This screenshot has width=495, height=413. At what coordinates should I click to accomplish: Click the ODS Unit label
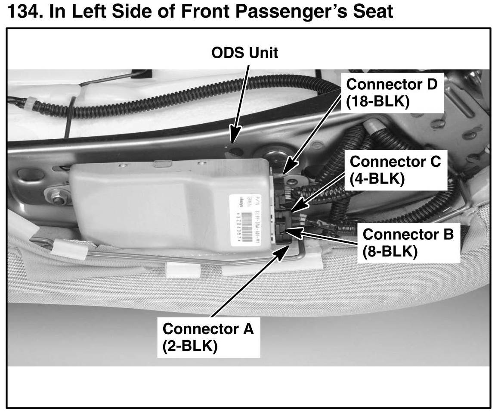[244, 53]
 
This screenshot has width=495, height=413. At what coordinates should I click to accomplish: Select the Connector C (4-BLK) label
[395, 170]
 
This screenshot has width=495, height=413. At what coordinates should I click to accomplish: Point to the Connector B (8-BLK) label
[408, 243]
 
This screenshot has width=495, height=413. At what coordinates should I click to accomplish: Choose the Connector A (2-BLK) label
[208, 337]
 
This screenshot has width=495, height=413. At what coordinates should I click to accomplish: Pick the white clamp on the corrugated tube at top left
[27, 103]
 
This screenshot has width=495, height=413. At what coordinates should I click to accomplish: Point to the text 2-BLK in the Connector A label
[189, 346]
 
